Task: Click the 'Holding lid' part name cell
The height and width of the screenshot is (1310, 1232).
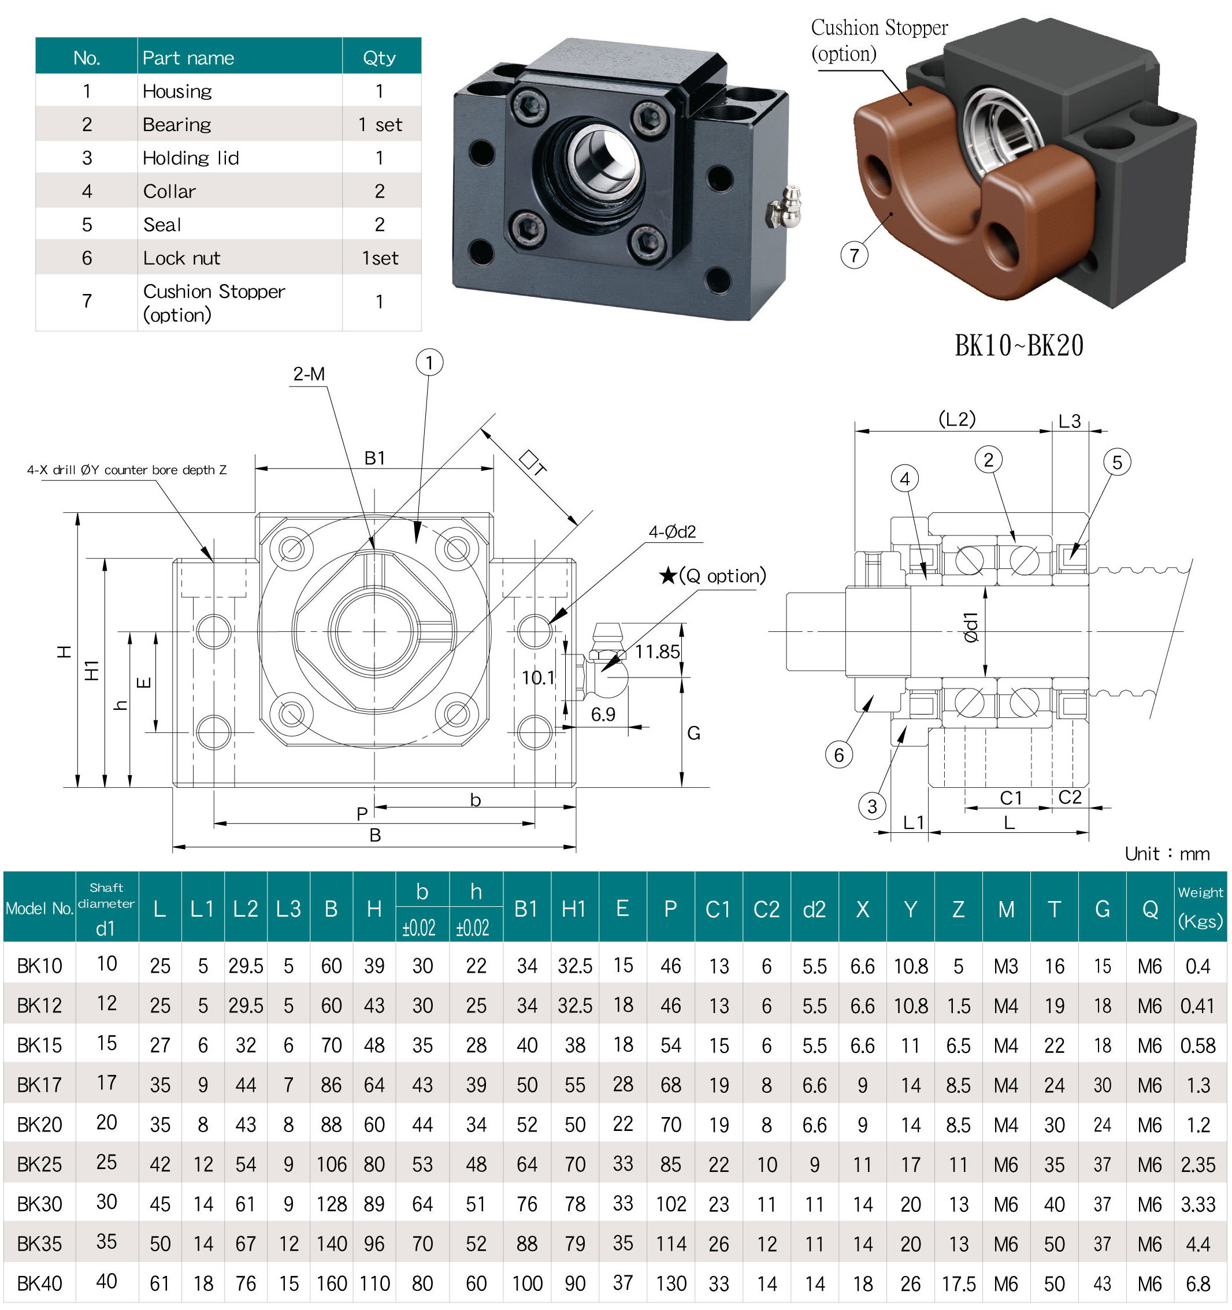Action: click(x=191, y=158)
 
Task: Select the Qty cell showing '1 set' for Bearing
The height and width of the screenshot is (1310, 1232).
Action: click(x=380, y=125)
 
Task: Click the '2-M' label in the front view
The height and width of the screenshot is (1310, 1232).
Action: click(x=309, y=374)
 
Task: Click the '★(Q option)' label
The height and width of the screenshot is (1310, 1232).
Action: click(x=713, y=576)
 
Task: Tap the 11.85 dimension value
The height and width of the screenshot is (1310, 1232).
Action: click(x=656, y=652)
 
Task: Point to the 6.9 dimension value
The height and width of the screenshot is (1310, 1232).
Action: click(x=603, y=714)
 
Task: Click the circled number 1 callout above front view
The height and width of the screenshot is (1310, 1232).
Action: click(x=429, y=362)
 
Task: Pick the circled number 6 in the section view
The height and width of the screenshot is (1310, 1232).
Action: click(x=838, y=754)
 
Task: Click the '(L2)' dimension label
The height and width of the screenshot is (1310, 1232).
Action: click(x=956, y=419)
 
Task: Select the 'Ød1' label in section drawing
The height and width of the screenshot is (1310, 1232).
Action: click(x=971, y=627)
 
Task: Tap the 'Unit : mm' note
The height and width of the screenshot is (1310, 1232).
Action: click(x=1167, y=854)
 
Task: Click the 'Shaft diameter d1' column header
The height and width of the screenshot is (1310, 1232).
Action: click(x=106, y=909)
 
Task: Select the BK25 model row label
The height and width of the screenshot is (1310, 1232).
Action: click(x=39, y=1164)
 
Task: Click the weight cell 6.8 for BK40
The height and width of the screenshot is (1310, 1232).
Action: click(x=1198, y=1283)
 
